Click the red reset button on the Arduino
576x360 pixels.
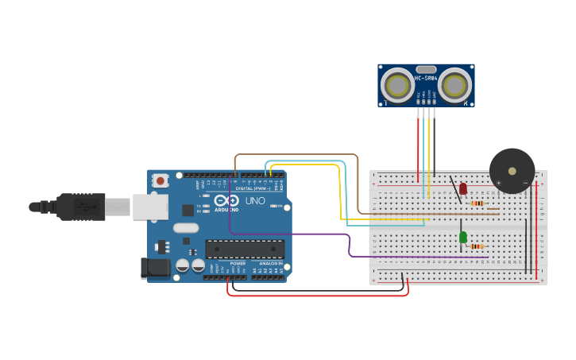tap(160, 180)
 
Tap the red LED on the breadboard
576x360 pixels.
tap(463, 188)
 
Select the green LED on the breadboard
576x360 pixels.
tap(462, 237)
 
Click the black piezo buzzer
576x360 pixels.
tap(512, 171)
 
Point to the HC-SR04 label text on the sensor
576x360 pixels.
tap(426, 78)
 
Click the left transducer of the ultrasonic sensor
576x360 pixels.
tap(396, 85)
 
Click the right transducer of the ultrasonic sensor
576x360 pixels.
tap(454, 85)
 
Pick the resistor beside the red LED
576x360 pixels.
tap(477, 203)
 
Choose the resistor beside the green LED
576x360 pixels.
tap(477, 246)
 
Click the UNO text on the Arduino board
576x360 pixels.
tap(255, 202)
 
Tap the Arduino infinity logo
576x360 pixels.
tap(226, 201)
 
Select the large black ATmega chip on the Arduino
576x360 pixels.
tap(244, 249)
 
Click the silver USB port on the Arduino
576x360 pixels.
tap(150, 207)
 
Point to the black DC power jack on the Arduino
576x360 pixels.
tap(155, 268)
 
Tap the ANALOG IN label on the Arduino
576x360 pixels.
tap(270, 263)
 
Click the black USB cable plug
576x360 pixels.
tap(79, 207)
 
